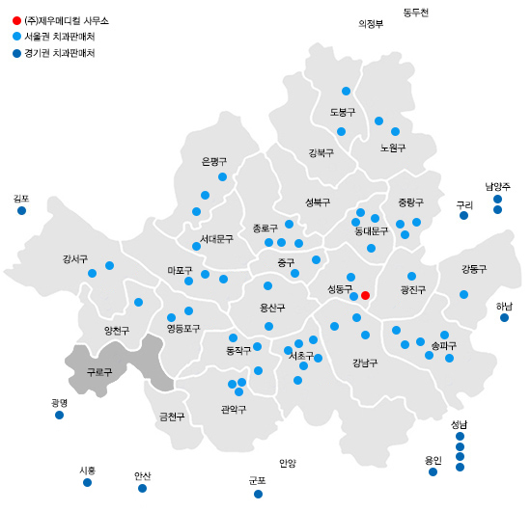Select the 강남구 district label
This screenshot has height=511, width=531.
point(365,363)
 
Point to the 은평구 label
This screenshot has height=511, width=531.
point(213,161)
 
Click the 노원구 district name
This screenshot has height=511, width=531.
point(393,148)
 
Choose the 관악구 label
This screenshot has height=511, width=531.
point(234,409)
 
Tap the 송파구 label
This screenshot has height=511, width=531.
point(443,344)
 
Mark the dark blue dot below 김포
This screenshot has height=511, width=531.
point(21,210)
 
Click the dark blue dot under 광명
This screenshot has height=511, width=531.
point(59,416)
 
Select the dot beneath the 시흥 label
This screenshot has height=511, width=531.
point(87,482)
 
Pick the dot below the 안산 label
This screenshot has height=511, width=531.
point(142,488)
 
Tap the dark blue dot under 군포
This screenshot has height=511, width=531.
point(258,494)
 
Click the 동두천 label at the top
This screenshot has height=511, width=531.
point(415,12)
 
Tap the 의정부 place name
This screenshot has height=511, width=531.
point(371,24)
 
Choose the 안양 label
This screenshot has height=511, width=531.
point(288,463)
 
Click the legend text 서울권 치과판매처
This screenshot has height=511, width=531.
point(66,36)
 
